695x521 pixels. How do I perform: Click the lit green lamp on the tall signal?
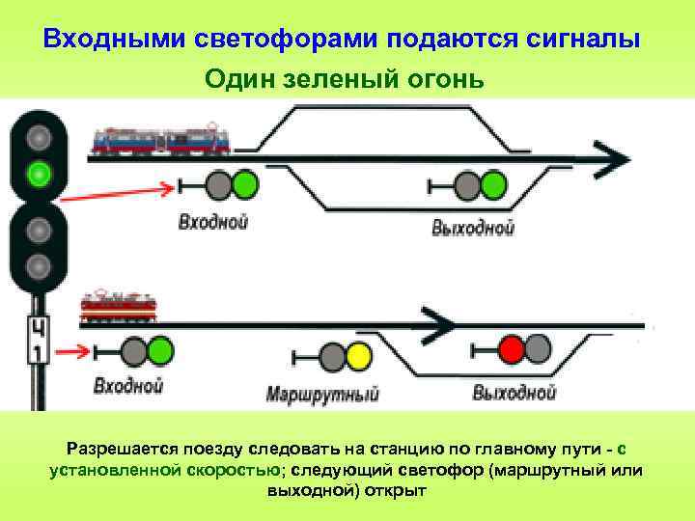39,175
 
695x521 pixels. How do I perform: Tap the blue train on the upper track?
161,141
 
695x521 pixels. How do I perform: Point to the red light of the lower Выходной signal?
511,348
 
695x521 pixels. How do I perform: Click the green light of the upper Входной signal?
245,183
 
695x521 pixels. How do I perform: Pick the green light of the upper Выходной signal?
494,183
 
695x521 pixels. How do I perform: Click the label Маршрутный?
322,394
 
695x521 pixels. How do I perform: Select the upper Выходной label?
473,228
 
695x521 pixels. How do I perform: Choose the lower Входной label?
127,387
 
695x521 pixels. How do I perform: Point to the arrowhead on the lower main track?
439,322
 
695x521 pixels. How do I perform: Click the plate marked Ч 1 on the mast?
36,339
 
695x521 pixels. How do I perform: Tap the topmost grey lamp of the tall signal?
39,137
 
